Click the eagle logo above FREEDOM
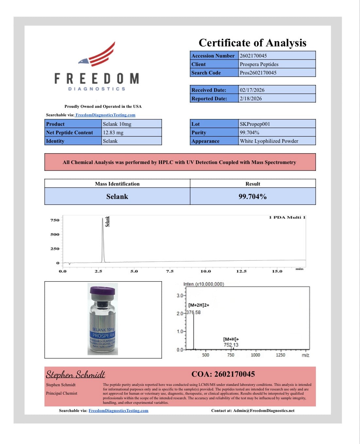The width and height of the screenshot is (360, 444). (x=98, y=54)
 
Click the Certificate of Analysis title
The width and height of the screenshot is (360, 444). (x=253, y=43)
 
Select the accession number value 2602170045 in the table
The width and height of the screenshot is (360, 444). (x=253, y=56)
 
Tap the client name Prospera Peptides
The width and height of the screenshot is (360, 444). (x=259, y=64)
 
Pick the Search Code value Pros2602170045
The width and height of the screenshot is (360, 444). (x=258, y=73)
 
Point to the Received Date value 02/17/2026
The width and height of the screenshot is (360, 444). (x=252, y=90)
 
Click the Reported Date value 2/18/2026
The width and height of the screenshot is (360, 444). (x=251, y=99)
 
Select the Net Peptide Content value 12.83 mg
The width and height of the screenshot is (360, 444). (x=113, y=133)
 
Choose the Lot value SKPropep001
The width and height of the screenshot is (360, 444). (x=255, y=124)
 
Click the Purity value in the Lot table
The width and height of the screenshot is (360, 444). (x=250, y=133)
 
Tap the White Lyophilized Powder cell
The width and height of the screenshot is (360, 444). (x=269, y=141)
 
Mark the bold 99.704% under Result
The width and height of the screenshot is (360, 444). (x=253, y=197)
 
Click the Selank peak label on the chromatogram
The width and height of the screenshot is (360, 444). (x=107, y=222)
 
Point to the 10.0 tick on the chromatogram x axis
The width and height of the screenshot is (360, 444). (x=205, y=271)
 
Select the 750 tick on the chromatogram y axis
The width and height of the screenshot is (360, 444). (x=55, y=220)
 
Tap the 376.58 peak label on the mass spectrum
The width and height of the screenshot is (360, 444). (x=193, y=312)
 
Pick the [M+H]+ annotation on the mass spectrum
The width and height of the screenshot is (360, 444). (x=231, y=339)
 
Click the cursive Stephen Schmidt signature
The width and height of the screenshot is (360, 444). (x=75, y=374)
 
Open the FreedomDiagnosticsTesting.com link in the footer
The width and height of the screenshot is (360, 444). (x=118, y=411)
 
